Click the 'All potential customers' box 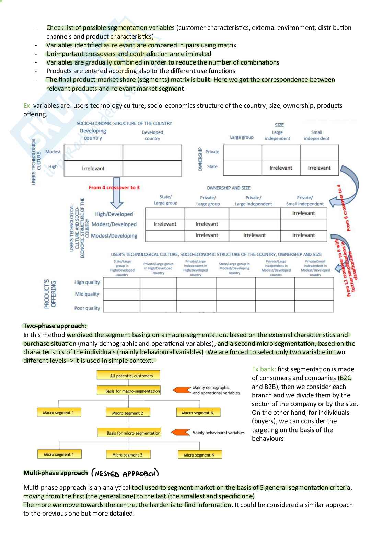tap(128, 375)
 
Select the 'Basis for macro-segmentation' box tap(129, 391)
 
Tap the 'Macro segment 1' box tap(59, 412)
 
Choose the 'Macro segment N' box tap(198, 413)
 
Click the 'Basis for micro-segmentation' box tap(129, 433)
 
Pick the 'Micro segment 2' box tap(127, 455)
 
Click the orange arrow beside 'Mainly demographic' tap(182, 390)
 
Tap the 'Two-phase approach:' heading tap(55, 326)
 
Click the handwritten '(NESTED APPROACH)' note tap(125, 473)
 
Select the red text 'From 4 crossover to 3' tap(114, 188)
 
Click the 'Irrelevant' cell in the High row tap(93, 169)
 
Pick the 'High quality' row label tap(87, 282)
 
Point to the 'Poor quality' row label tap(87, 308)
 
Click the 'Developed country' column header tap(152, 135)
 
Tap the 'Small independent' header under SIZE tap(316, 135)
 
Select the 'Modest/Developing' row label tap(114, 236)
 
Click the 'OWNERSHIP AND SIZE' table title tap(228, 188)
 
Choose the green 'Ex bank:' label tap(264, 369)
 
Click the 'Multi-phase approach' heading tap(56, 473)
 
